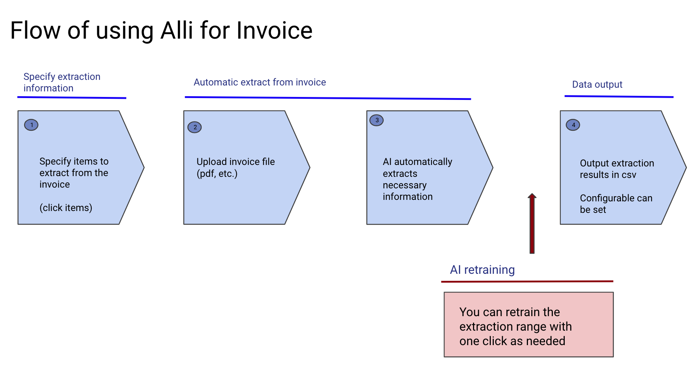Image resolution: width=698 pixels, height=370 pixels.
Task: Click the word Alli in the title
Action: click(176, 30)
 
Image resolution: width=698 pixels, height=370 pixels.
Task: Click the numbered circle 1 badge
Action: click(31, 125)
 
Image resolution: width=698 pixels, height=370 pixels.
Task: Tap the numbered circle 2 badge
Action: click(195, 127)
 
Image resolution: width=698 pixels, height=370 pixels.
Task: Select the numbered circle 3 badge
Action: click(376, 120)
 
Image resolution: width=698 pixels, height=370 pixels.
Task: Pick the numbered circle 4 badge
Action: click(573, 125)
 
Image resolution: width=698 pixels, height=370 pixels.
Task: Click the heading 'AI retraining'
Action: click(482, 270)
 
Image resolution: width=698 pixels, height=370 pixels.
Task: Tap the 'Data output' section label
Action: click(597, 84)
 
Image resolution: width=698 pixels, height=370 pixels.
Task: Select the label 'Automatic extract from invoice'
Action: click(260, 82)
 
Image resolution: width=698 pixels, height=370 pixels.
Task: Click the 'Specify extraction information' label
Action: click(62, 82)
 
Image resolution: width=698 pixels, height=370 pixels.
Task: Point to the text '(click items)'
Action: click(66, 208)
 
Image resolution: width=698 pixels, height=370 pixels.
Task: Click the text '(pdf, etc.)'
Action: click(217, 173)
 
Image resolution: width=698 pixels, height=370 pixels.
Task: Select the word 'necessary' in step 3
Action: click(404, 185)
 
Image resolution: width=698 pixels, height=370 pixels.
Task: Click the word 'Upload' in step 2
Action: click(211, 162)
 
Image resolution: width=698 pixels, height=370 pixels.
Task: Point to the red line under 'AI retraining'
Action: click(527, 282)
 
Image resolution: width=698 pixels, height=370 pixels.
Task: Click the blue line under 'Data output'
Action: click(619, 97)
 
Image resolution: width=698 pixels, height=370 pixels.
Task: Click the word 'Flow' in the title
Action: click(35, 30)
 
